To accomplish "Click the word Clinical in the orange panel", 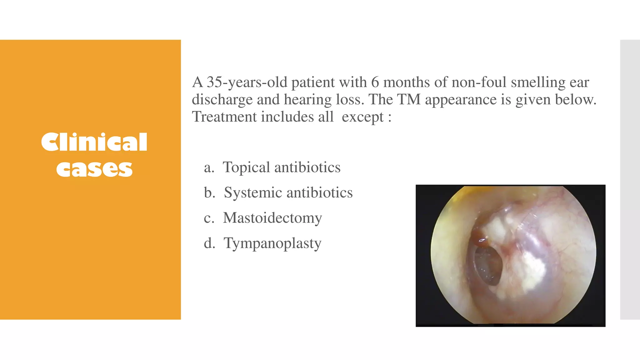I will (x=94, y=142).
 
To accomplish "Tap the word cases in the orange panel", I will (x=94, y=169).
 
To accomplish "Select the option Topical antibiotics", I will (x=281, y=167).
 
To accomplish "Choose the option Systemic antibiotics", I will (x=288, y=192).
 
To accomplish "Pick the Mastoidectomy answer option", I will (x=272, y=218).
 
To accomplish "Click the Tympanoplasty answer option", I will (x=272, y=243).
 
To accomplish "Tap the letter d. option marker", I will (x=209, y=243).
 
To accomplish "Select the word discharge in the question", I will (x=222, y=100).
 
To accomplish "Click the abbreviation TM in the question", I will (x=408, y=100).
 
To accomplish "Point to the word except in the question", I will (x=362, y=117).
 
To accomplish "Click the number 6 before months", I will (x=375, y=82).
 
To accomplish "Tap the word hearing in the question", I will (x=307, y=100).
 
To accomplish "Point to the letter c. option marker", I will (x=209, y=218).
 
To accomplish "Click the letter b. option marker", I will (x=209, y=192).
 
